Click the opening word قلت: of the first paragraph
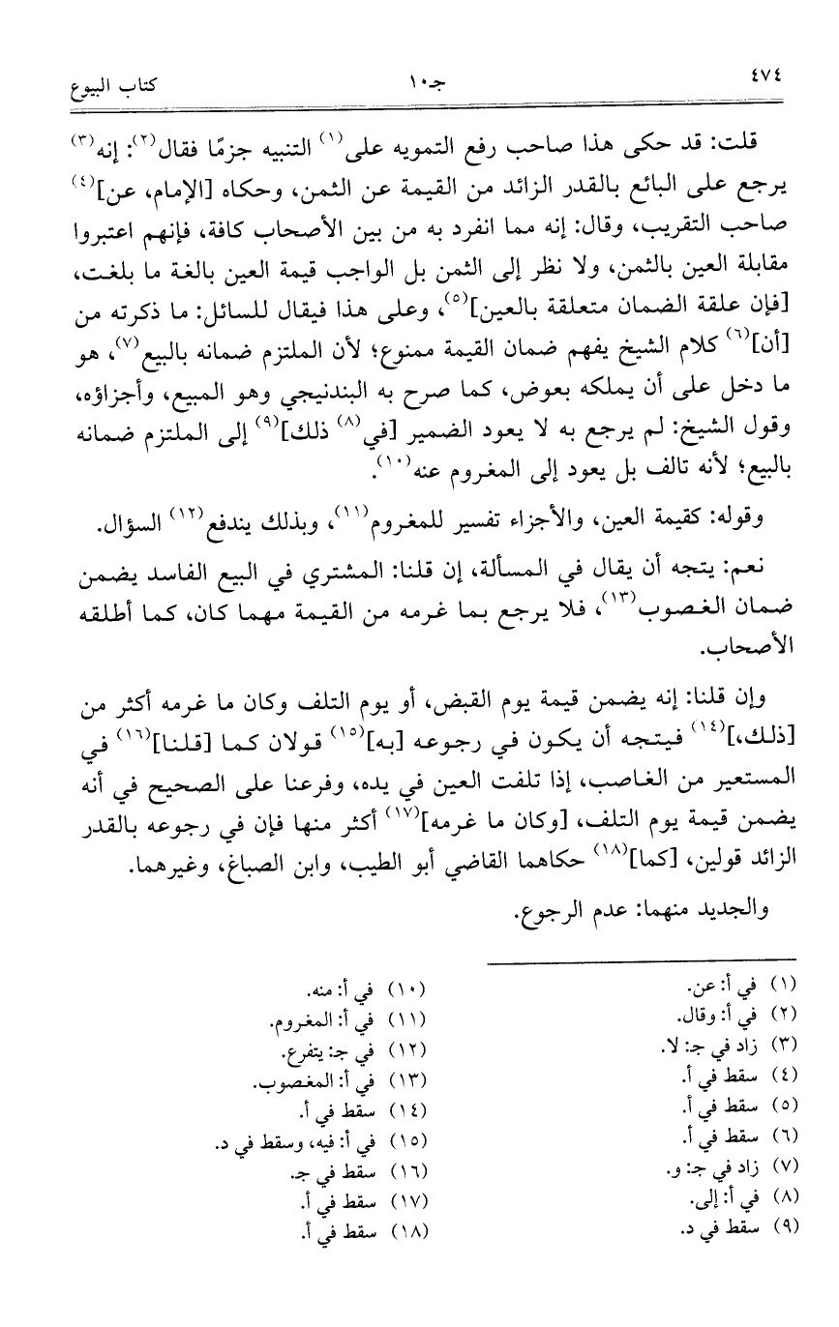click(737, 145)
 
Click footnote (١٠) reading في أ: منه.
click(366, 992)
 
